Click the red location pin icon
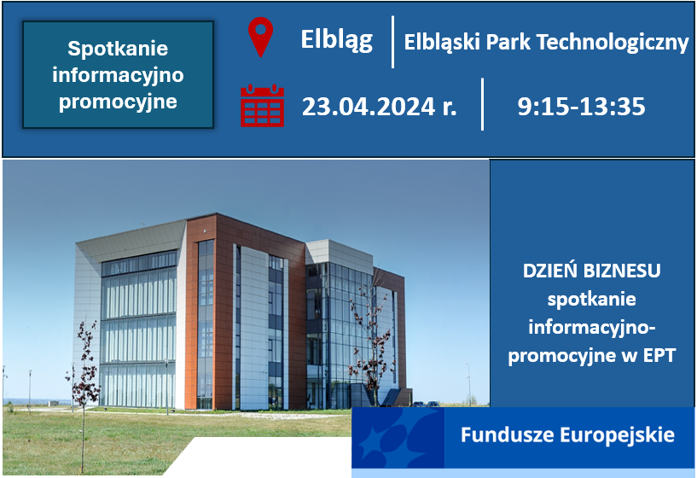(x=259, y=37)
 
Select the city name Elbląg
(x=336, y=40)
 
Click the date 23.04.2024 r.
(x=379, y=107)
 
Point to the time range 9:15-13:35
(x=581, y=107)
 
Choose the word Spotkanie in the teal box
(x=118, y=49)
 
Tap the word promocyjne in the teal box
(x=118, y=102)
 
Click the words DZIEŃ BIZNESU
(x=592, y=271)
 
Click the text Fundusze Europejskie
(x=567, y=435)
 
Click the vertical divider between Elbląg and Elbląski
(x=393, y=41)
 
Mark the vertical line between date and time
(x=483, y=104)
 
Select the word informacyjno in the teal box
(x=118, y=75)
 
